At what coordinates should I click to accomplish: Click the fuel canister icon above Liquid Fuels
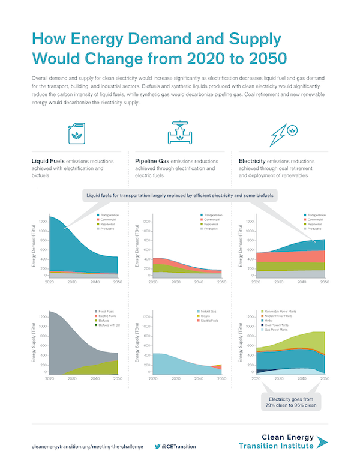pos(77,133)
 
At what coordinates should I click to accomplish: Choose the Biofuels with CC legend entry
pos(112,325)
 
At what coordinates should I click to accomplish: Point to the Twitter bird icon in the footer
pos(157,446)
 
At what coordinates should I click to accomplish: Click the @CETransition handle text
pos(179,446)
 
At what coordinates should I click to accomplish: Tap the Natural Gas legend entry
pos(210,312)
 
